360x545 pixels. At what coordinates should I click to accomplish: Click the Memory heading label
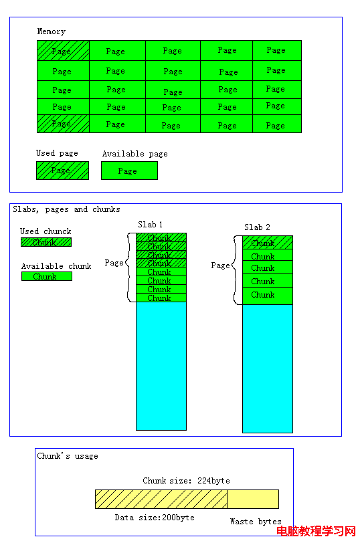click(x=51, y=31)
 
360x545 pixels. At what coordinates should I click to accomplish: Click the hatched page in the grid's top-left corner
click(x=64, y=51)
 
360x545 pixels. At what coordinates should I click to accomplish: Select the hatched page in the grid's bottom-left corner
click(x=64, y=124)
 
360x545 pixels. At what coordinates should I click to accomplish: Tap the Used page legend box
click(x=63, y=171)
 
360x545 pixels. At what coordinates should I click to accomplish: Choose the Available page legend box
click(x=129, y=171)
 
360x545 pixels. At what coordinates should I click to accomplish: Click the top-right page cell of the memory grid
click(x=277, y=51)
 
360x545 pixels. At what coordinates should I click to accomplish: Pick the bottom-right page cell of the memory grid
click(x=277, y=124)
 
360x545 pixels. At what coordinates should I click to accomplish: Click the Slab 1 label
click(x=151, y=225)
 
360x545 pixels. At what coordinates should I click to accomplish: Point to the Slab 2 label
click(x=257, y=227)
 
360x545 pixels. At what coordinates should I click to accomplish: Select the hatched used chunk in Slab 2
click(x=268, y=243)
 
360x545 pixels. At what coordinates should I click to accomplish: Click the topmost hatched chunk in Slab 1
click(x=161, y=237)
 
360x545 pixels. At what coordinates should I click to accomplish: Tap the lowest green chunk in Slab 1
click(x=161, y=298)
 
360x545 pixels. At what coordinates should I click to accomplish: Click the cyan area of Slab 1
click(x=161, y=366)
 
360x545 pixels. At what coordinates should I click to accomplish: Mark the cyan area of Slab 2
click(x=268, y=368)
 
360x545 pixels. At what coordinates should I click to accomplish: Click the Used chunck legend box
click(x=46, y=242)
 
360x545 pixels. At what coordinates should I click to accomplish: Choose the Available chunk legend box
click(x=47, y=276)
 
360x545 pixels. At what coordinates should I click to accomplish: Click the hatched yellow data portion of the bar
click(x=161, y=499)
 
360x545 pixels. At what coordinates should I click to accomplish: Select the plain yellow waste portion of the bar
click(x=253, y=499)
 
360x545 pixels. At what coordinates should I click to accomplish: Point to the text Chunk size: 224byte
click(x=186, y=481)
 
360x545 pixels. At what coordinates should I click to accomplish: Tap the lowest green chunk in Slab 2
click(x=268, y=296)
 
